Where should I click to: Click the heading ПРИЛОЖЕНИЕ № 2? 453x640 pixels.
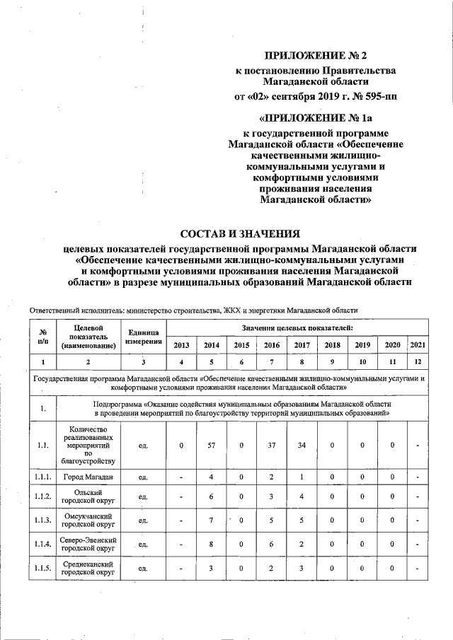click(316, 54)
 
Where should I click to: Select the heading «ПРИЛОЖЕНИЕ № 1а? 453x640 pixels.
click(316, 116)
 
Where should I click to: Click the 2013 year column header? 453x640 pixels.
click(181, 344)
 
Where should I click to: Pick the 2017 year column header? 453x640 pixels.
click(302, 344)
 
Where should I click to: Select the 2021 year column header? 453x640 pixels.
click(418, 344)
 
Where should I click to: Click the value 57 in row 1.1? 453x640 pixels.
click(211, 446)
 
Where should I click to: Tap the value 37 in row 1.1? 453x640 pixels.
click(272, 446)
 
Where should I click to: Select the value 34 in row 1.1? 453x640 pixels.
click(302, 446)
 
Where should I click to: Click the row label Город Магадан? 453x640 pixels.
click(88, 478)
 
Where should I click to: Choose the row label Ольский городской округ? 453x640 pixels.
click(88, 496)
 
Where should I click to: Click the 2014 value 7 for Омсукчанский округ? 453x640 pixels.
click(211, 520)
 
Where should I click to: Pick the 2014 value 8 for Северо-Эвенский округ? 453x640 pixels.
click(211, 545)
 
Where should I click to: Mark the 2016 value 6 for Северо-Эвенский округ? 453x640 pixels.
click(272, 545)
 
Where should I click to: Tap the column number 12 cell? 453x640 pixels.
click(418, 362)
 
